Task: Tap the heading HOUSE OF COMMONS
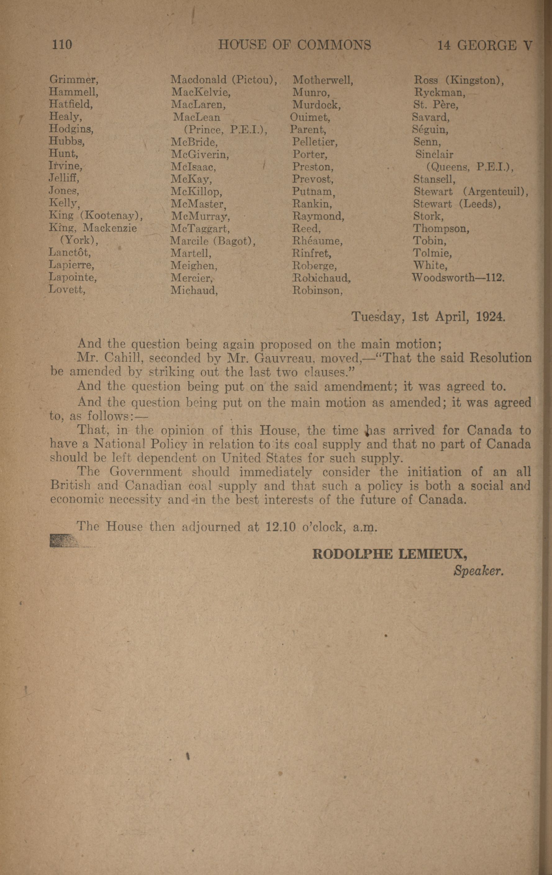[295, 45]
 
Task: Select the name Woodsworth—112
[458, 278]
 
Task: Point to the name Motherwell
[323, 80]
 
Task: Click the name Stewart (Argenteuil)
[471, 192]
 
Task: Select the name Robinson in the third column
[317, 290]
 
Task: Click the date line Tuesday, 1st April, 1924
[428, 317]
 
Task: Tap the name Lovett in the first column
[67, 290]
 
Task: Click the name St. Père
[436, 105]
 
